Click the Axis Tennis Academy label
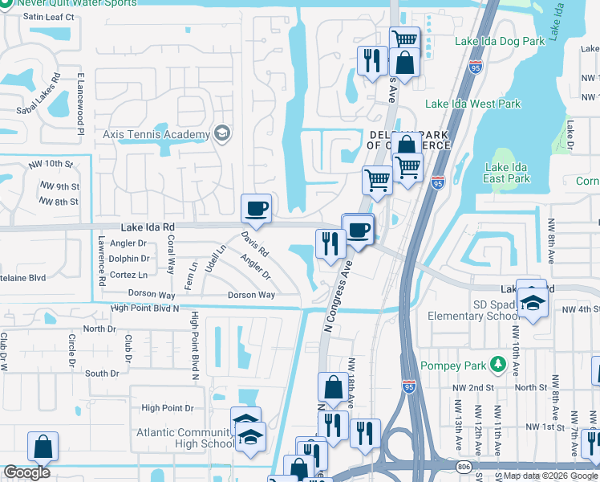(152, 133)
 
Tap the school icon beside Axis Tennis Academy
(222, 133)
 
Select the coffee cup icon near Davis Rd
(256, 210)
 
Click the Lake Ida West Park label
(472, 104)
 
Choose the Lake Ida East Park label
(507, 173)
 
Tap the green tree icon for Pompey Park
(498, 366)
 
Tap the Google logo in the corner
(26, 472)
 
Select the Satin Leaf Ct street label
(48, 16)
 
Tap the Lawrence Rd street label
(102, 261)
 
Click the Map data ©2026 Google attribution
(550, 476)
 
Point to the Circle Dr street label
(72, 346)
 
